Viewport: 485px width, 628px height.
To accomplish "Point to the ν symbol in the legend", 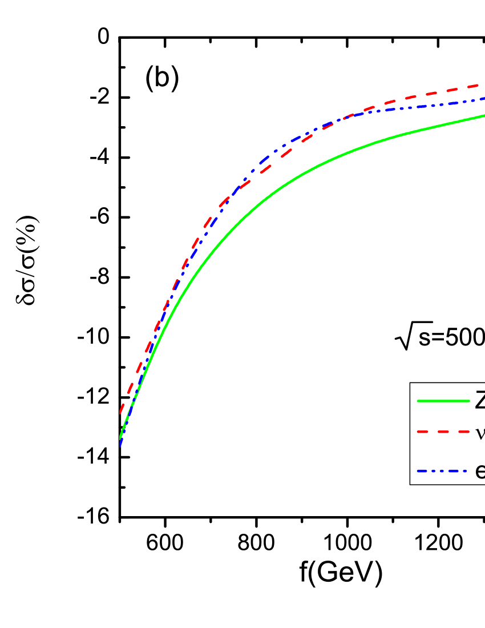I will coord(480,433).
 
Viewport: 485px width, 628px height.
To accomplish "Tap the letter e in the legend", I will coord(480,472).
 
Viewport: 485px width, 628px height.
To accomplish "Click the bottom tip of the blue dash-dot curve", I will coord(120,446).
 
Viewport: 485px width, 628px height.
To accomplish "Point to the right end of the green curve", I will coord(483,116).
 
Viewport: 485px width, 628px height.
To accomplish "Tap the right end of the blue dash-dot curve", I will coord(483,99).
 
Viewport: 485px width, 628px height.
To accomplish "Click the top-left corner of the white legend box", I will coord(410,383).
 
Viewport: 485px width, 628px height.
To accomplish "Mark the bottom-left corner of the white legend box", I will coord(410,484).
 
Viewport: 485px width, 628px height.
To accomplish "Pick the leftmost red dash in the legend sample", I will coord(423,432).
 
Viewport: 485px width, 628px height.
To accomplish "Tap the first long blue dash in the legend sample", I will coord(423,472).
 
